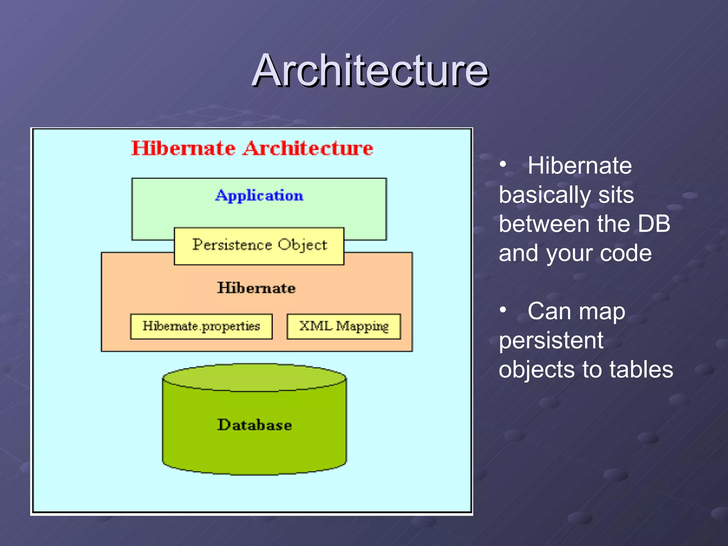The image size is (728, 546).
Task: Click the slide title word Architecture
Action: (370, 70)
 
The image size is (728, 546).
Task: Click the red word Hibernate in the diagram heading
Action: (183, 148)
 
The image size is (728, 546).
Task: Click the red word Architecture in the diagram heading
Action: (308, 148)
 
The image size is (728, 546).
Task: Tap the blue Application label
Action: (259, 196)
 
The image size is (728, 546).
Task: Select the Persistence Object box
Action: (259, 246)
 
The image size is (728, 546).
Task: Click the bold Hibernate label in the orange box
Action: (256, 288)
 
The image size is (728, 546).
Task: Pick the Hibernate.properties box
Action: (201, 326)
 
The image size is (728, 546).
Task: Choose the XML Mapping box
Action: (344, 326)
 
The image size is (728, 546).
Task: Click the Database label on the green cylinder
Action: (255, 425)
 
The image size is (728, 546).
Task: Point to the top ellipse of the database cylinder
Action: (255, 378)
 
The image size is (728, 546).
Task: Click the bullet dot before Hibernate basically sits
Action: (503, 165)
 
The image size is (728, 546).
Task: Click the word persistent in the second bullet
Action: (551, 341)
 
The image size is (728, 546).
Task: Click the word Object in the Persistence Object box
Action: (302, 245)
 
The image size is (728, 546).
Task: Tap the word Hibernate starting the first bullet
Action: (580, 166)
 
